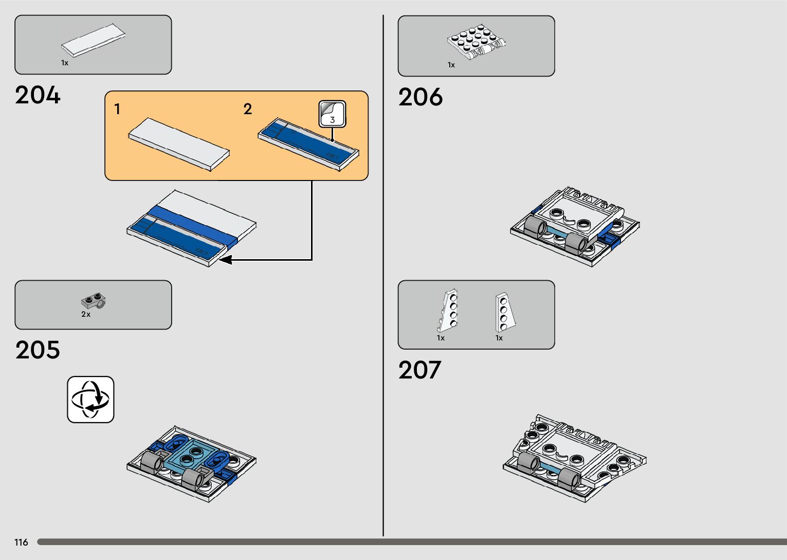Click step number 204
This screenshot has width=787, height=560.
pyautogui.click(x=38, y=96)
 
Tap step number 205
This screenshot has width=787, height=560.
pyautogui.click(x=38, y=350)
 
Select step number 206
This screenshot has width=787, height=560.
pyautogui.click(x=420, y=98)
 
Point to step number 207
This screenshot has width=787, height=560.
pyautogui.click(x=419, y=370)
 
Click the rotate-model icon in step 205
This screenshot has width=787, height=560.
pyautogui.click(x=90, y=400)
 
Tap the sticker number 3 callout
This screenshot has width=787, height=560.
pyautogui.click(x=332, y=114)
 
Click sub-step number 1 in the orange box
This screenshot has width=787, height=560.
pyautogui.click(x=118, y=109)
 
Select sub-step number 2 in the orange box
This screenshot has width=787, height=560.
pyautogui.click(x=248, y=109)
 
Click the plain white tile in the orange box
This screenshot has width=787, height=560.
pyautogui.click(x=179, y=144)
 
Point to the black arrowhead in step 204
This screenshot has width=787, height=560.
pyautogui.click(x=225, y=260)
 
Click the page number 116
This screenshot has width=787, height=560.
pyautogui.click(x=21, y=543)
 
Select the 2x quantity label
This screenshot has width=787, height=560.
pyautogui.click(x=86, y=314)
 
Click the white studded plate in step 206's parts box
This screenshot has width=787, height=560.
pyautogui.click(x=476, y=40)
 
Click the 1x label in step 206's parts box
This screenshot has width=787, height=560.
pyautogui.click(x=451, y=65)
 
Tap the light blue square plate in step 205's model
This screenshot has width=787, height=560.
pyautogui.click(x=191, y=455)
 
